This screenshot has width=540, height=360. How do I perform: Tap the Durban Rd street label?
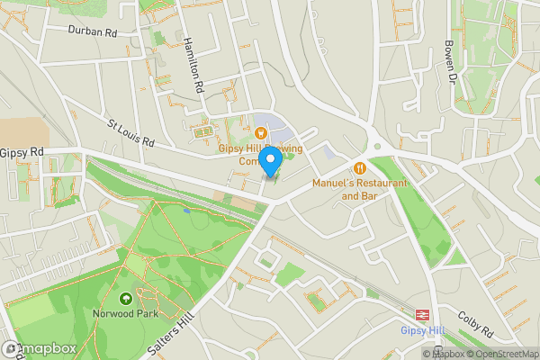click(x=93, y=31)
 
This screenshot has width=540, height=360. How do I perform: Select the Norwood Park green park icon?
click(x=124, y=298)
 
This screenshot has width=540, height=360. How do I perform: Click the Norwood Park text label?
click(x=125, y=314)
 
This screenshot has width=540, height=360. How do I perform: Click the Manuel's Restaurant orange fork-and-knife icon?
click(x=360, y=166)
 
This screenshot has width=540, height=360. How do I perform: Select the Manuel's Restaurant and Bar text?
click(x=359, y=189)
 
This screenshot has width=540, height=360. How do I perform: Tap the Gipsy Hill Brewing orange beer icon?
click(x=247, y=133)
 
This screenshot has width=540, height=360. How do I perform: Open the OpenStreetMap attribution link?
click(x=503, y=354)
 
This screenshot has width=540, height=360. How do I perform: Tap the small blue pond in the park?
click(x=186, y=211)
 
